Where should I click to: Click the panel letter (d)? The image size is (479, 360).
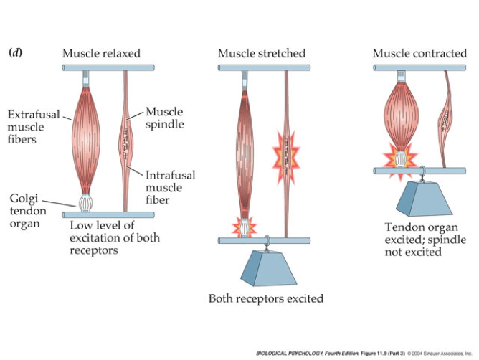(x=14, y=53)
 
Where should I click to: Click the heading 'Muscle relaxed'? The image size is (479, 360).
(x=100, y=53)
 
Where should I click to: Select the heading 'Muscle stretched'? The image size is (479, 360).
(x=261, y=53)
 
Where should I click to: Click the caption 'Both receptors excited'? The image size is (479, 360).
(x=265, y=298)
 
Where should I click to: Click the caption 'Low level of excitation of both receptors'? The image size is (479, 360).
(x=114, y=238)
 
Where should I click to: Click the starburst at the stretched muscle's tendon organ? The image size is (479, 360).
(x=245, y=227)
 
